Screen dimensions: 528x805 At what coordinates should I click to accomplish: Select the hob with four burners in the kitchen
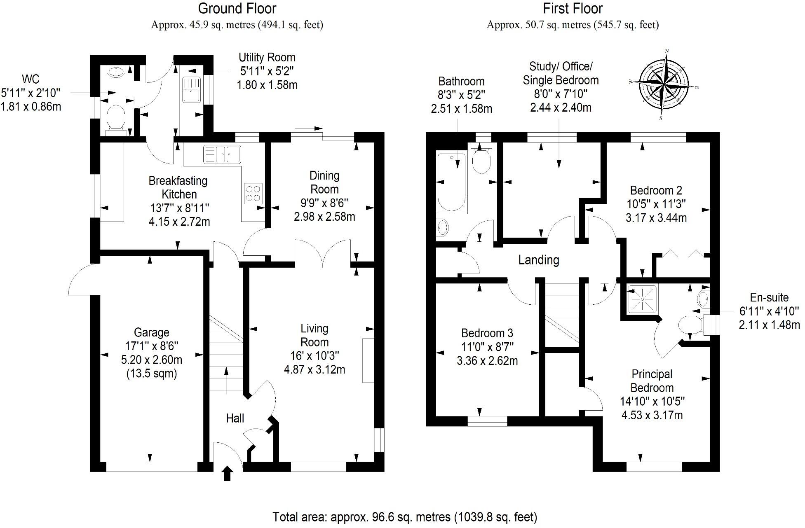pyautogui.click(x=253, y=194)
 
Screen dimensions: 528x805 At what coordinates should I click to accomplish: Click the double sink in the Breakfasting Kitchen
pyautogui.click(x=222, y=154)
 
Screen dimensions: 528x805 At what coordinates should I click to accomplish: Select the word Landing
pyautogui.click(x=538, y=260)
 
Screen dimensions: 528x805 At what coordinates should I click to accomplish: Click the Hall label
pyautogui.click(x=235, y=418)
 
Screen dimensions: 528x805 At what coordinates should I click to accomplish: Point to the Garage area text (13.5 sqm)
pyautogui.click(x=151, y=374)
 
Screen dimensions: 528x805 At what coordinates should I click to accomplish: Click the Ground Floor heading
pyautogui.click(x=237, y=8)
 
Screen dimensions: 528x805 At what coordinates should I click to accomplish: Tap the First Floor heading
pyautogui.click(x=573, y=8)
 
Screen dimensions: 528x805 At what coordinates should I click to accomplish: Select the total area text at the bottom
pyautogui.click(x=405, y=516)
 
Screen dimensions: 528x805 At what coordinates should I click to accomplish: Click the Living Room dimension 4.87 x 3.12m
pyautogui.click(x=314, y=369)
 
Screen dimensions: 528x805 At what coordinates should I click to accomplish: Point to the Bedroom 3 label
pyautogui.click(x=487, y=333)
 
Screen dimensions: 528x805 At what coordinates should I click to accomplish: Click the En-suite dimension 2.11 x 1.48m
pyautogui.click(x=769, y=325)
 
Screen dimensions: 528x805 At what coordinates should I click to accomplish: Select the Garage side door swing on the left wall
pyautogui.click(x=82, y=280)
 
